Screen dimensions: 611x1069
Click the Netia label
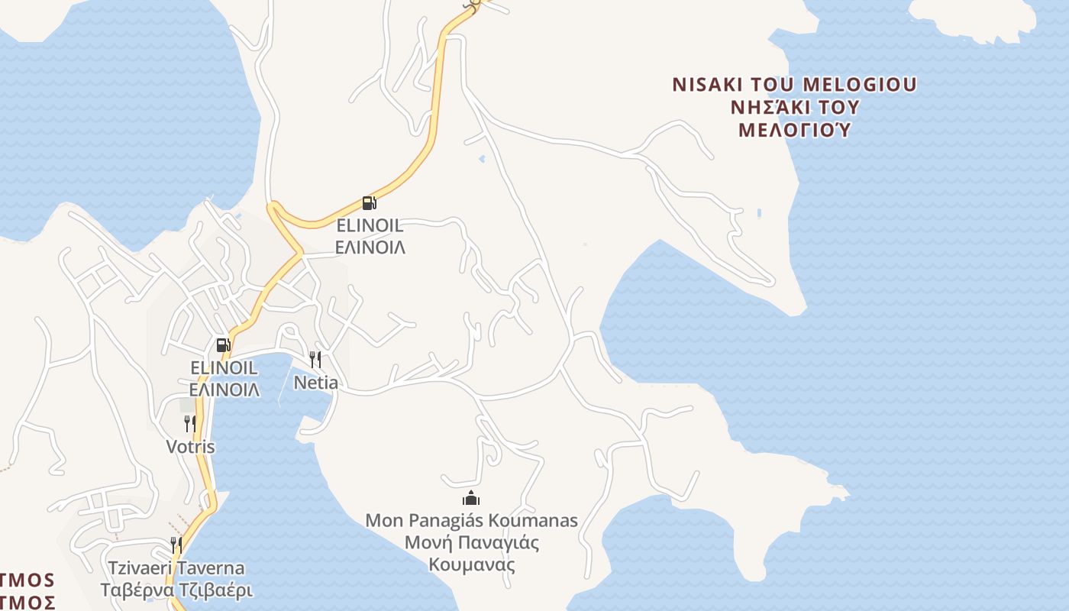point(316,382)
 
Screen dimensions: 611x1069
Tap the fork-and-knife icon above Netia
point(315,359)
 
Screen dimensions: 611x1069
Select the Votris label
point(190,446)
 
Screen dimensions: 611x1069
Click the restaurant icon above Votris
point(190,423)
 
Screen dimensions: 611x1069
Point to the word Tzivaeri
point(141,568)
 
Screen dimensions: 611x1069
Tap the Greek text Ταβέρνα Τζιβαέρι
point(176,590)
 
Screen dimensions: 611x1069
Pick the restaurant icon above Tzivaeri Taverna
point(176,545)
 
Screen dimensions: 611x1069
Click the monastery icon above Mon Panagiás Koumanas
point(471,499)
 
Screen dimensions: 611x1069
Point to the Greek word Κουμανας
point(471,565)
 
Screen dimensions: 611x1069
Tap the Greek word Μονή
point(425,543)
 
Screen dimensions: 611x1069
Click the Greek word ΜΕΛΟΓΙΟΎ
point(794,129)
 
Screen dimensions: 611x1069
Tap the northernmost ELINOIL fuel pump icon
point(369,202)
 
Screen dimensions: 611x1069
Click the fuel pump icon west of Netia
point(223,344)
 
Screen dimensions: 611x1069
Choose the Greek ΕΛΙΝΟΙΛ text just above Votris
point(224,390)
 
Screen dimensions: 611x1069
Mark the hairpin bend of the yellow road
point(273,209)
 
